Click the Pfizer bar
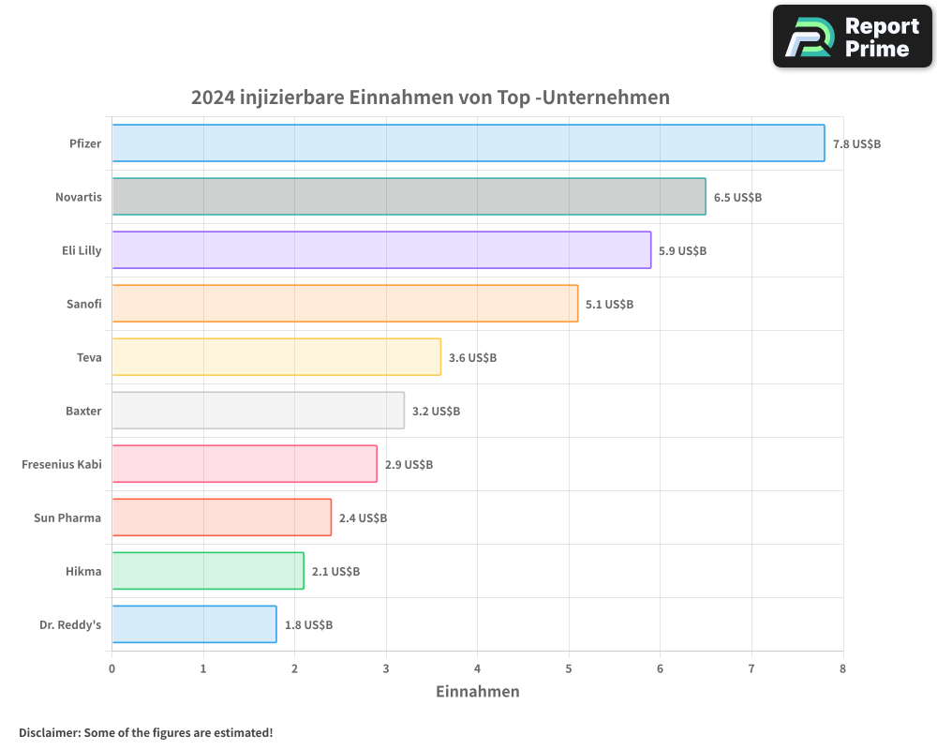click(x=468, y=143)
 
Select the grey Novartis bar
click(x=409, y=197)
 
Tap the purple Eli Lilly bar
click(x=381, y=250)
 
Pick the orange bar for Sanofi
click(x=345, y=304)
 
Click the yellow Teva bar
click(x=276, y=357)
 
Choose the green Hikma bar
click(x=208, y=571)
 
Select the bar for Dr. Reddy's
click(x=194, y=624)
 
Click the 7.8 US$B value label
click(x=856, y=144)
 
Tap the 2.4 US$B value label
click(x=363, y=518)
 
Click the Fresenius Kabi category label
click(x=61, y=464)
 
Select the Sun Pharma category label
click(x=67, y=517)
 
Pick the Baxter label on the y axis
click(x=83, y=411)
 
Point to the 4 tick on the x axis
click(x=478, y=668)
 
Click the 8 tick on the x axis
click(x=842, y=668)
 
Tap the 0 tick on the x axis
click(x=112, y=668)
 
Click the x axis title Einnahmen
click(x=477, y=692)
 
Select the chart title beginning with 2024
click(x=430, y=97)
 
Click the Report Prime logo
click(x=852, y=37)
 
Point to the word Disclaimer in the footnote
click(x=49, y=732)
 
